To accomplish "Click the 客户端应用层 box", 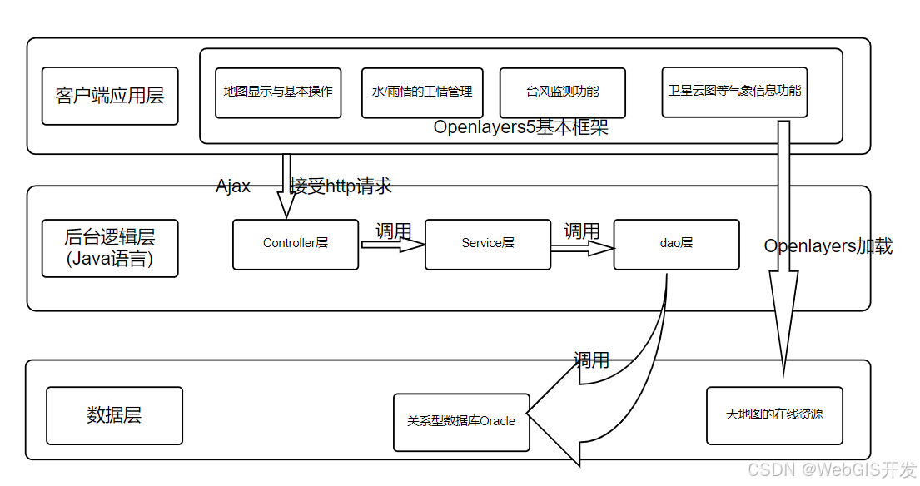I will (110, 96).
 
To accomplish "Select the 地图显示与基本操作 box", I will (278, 92).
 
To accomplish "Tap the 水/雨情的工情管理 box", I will (422, 92).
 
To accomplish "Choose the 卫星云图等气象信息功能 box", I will (734, 91).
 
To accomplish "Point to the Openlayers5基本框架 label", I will (521, 128).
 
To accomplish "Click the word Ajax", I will (233, 186).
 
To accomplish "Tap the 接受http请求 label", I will (341, 186).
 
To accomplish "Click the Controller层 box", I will (296, 244).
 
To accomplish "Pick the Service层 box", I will (488, 244).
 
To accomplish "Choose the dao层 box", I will (676, 244).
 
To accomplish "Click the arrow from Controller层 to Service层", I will (392, 245).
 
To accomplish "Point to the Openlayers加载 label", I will (828, 246).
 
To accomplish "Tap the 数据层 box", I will (114, 415).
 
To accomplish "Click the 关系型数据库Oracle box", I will (461, 422).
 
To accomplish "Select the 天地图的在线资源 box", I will (774, 414).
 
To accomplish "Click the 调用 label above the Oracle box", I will (591, 360).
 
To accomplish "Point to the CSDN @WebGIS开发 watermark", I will (832, 470).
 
